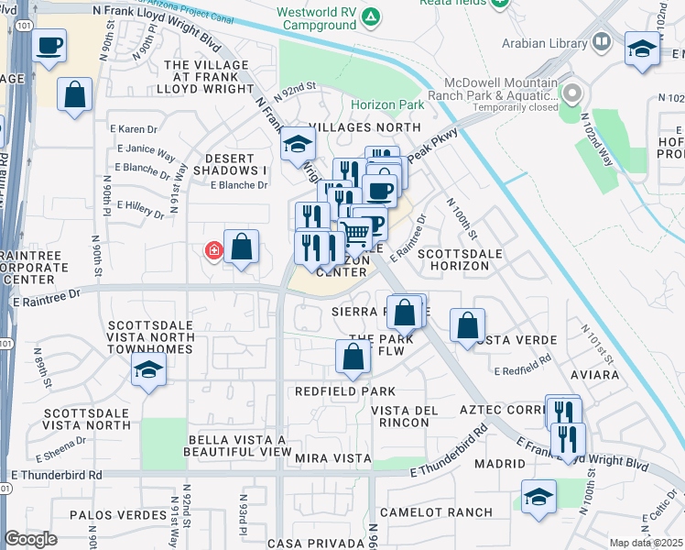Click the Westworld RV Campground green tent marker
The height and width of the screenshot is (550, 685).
(370, 16)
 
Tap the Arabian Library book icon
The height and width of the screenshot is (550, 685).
(601, 42)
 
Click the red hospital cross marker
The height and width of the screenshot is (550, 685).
(213, 250)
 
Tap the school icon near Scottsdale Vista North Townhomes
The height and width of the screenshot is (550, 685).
(147, 370)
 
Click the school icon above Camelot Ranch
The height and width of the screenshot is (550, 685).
(538, 496)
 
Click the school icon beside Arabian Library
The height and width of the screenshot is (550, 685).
(642, 48)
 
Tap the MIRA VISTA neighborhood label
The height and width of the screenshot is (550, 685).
(330, 456)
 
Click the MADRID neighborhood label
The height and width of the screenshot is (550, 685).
(500, 464)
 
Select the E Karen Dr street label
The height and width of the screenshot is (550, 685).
(133, 128)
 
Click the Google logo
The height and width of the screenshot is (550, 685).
(31, 539)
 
